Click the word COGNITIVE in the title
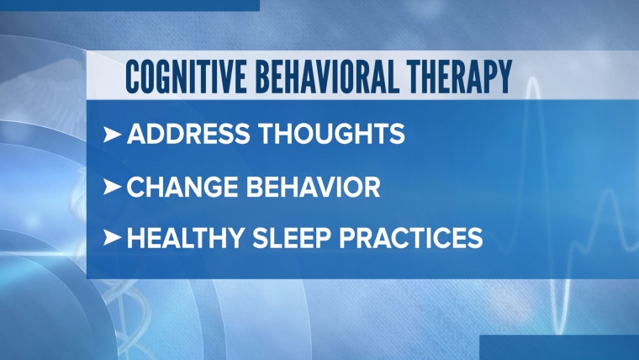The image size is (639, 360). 187,77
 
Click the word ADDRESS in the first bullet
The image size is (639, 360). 188,134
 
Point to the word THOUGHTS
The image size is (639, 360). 332,134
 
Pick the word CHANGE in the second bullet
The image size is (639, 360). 182,187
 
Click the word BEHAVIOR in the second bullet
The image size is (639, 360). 313,187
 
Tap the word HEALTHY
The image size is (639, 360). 186,238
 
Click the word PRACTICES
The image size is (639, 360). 411,238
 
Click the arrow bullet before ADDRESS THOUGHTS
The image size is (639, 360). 112,134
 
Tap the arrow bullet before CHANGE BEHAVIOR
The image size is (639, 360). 112,187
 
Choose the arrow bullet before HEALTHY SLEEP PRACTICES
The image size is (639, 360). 112,238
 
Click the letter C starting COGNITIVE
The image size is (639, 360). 132,77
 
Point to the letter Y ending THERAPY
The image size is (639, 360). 504,77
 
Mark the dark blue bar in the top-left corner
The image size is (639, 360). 129,5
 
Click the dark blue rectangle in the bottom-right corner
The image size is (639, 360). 559,347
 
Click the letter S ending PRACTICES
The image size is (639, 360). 476,238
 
